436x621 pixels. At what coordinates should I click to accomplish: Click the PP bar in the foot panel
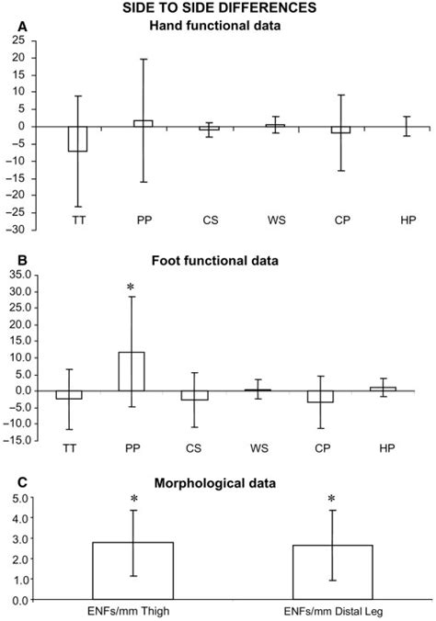(132, 371)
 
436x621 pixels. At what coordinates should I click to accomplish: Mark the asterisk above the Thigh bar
(133, 500)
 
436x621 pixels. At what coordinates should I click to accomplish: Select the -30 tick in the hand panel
(16, 230)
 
